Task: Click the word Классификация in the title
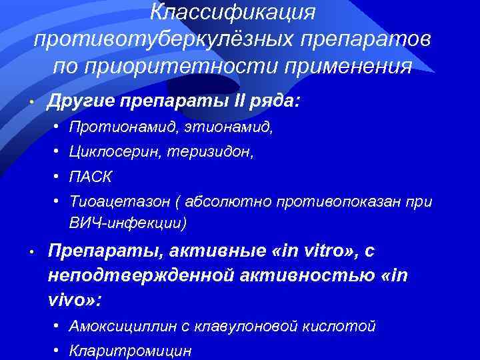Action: click(233, 12)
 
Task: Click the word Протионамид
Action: click(111, 127)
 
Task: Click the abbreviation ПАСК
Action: click(90, 177)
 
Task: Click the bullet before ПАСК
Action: click(59, 177)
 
